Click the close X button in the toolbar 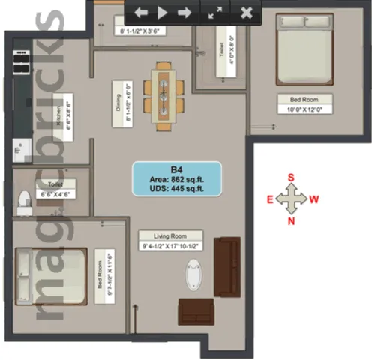coord(245,13)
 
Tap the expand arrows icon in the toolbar coord(215,13)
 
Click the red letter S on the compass coord(291,178)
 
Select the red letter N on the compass coord(291,221)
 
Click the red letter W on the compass coord(315,199)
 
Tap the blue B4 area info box coord(177,178)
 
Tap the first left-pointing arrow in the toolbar coord(141,13)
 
